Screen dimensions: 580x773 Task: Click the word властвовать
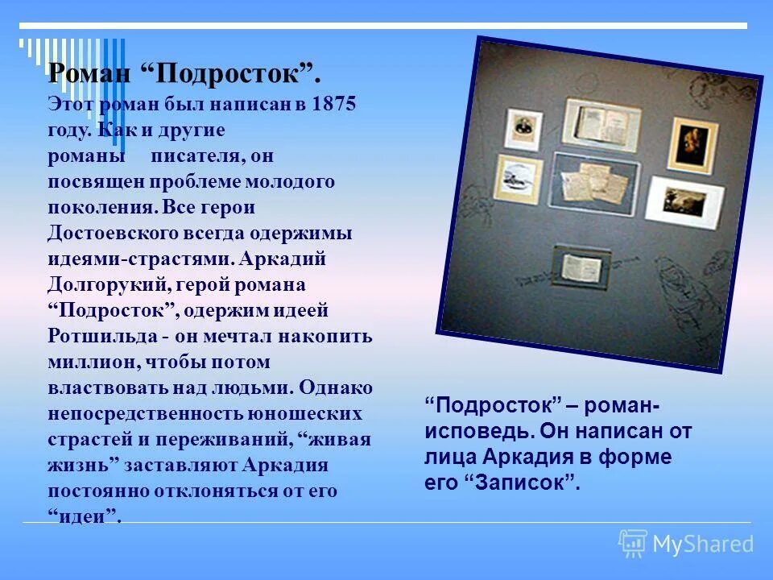(106, 387)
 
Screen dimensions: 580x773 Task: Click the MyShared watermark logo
(686, 544)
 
